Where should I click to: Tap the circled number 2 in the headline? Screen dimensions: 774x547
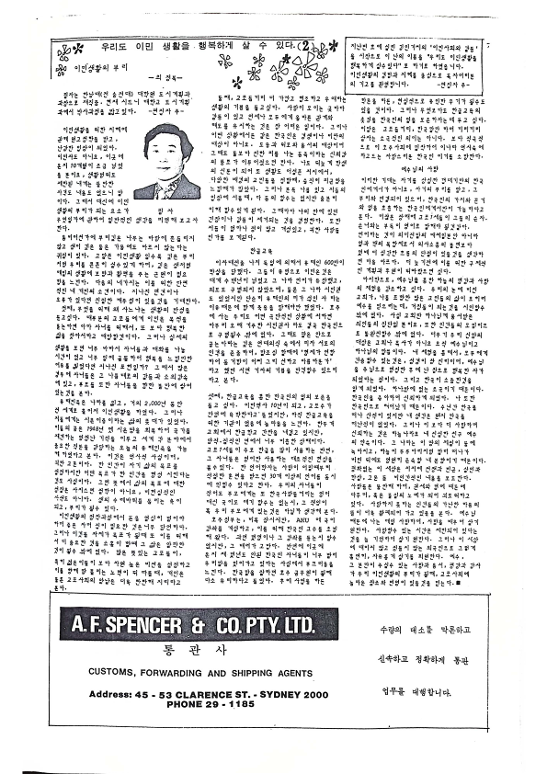[x=302, y=45]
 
